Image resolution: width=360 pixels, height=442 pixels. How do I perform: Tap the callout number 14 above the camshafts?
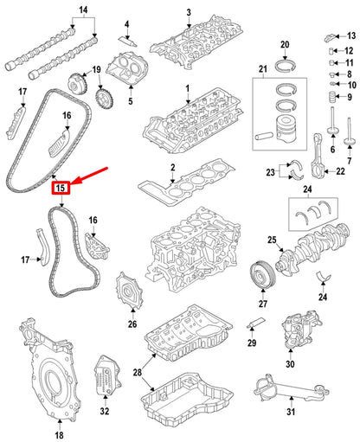(83, 11)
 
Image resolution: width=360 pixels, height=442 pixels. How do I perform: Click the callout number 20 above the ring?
(284, 44)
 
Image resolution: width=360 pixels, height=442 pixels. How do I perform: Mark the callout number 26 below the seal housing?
(132, 324)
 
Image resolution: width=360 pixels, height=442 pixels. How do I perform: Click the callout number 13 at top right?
(351, 35)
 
